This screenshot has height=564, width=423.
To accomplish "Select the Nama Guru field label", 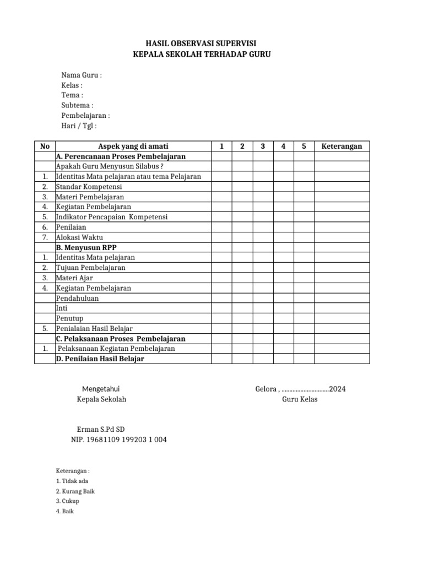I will click(x=81, y=75).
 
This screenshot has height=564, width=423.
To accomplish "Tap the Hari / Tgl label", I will click(x=79, y=126).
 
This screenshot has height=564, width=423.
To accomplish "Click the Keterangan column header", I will click(x=341, y=146).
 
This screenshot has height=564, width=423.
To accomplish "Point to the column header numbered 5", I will click(x=303, y=146).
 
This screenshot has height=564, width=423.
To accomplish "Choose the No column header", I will click(x=45, y=146).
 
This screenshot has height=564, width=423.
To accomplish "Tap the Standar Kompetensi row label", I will click(x=89, y=187).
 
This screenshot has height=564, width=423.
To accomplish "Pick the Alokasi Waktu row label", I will click(x=79, y=237).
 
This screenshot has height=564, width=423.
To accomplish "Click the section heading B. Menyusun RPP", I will click(x=86, y=247).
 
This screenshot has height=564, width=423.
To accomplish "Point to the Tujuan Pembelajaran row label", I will click(x=90, y=268).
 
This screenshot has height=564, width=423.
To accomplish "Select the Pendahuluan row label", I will click(x=80, y=298).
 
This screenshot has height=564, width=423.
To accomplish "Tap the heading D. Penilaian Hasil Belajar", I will click(x=100, y=359).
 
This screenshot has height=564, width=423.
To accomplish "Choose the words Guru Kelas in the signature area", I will click(x=300, y=399).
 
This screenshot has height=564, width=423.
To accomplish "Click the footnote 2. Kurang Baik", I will click(x=75, y=491).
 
